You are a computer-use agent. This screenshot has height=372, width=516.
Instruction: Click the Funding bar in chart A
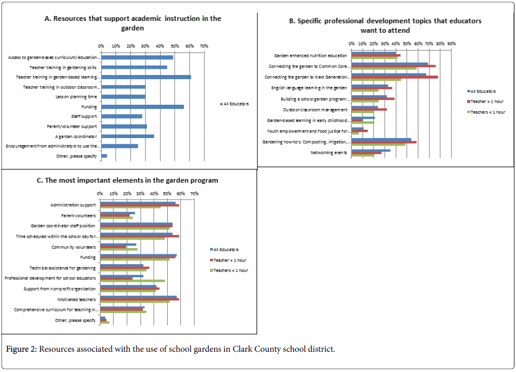click(x=142, y=107)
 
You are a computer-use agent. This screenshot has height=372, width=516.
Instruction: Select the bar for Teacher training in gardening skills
click(x=134, y=67)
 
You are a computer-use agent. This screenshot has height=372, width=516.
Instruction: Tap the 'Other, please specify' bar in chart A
click(x=104, y=156)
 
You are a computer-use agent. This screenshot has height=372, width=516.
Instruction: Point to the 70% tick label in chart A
click(x=204, y=46)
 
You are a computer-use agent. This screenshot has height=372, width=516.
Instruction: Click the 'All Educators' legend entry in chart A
click(x=236, y=104)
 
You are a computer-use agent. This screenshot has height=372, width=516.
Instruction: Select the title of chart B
click(x=385, y=26)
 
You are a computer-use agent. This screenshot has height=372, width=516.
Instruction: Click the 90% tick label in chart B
click(x=451, y=43)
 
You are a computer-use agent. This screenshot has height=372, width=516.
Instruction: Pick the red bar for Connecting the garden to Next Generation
click(x=395, y=77)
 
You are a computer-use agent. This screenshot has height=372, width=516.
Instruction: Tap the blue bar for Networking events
click(x=371, y=151)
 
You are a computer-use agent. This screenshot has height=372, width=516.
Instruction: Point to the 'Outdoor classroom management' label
click(x=315, y=110)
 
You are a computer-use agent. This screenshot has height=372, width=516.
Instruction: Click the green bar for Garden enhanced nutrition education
click(x=374, y=58)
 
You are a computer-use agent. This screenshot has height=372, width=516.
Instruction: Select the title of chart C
click(x=128, y=180)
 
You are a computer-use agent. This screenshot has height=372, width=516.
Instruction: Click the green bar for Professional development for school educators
click(x=132, y=281)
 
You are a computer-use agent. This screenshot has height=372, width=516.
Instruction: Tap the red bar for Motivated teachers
click(x=139, y=300)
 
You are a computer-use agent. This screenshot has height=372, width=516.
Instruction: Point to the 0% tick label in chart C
click(x=100, y=194)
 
